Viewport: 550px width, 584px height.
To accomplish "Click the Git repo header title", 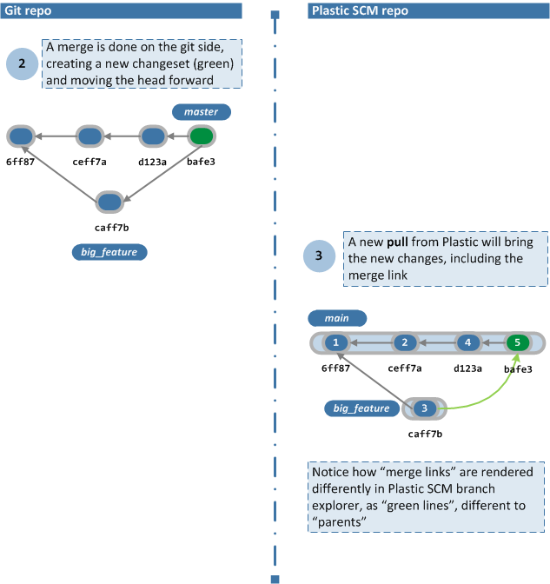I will tap(28, 10).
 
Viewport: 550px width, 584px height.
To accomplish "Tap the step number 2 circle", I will tap(22, 63).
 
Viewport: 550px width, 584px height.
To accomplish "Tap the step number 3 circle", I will tap(320, 255).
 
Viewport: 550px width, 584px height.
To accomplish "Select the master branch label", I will tap(201, 112).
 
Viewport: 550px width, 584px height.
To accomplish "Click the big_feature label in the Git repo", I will tap(109, 252).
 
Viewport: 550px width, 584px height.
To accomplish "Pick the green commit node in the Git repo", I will tap(202, 136).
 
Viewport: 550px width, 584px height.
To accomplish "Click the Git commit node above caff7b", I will tap(109, 202).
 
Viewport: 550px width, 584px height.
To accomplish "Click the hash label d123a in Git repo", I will tap(153, 161).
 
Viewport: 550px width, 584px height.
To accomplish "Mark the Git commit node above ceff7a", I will tap(89, 136).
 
